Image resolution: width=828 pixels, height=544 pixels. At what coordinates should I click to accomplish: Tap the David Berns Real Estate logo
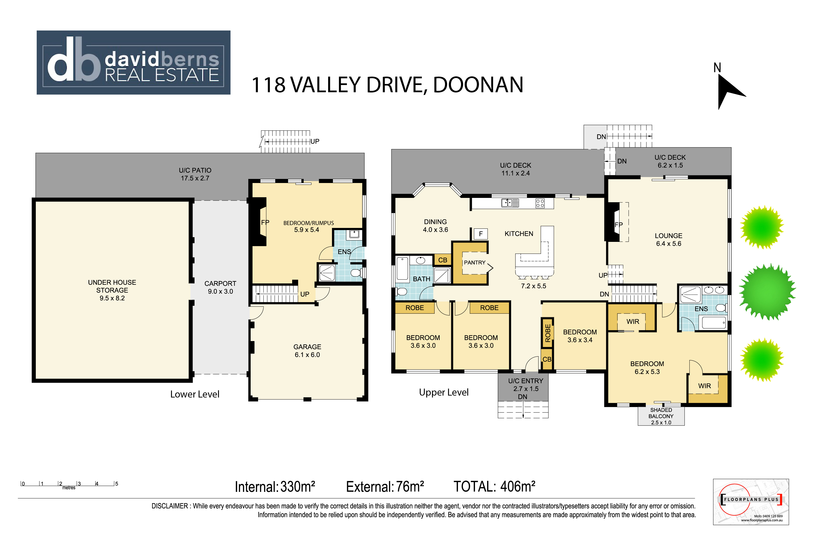point(133,62)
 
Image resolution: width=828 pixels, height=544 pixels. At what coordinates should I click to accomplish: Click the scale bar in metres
point(69,485)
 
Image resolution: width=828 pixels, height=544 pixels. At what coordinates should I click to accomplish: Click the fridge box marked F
point(481,234)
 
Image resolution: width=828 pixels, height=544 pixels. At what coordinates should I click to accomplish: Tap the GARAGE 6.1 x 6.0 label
point(307,351)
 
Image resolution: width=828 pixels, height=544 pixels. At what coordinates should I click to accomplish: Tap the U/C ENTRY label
point(526,381)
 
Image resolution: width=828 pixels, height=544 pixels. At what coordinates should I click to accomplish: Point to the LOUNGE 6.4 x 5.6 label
point(669,240)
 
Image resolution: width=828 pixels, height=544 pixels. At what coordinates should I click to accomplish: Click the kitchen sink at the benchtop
point(510,203)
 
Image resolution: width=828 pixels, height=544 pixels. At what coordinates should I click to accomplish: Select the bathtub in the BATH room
point(402,268)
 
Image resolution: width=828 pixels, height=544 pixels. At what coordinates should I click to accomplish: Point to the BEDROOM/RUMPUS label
point(309,223)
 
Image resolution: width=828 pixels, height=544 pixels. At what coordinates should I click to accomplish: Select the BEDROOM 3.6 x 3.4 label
point(580,336)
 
